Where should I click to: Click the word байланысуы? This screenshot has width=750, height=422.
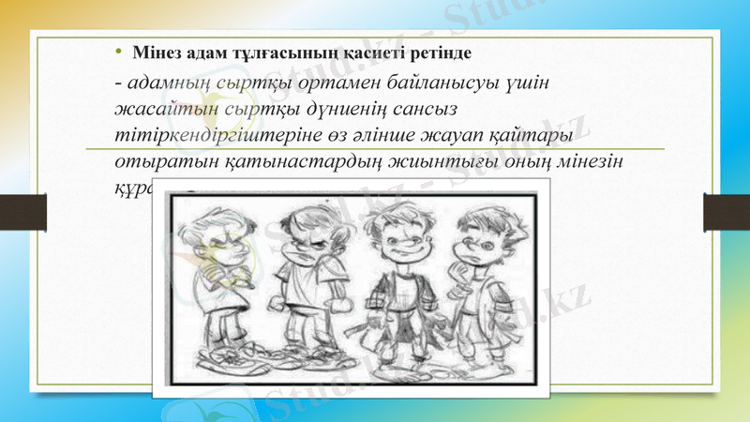431,82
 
